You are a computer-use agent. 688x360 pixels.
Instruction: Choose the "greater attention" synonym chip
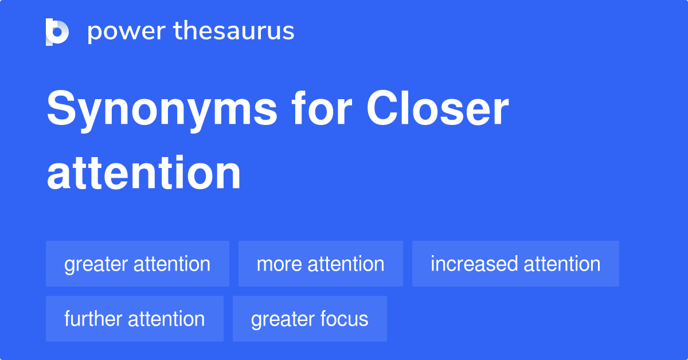click(138, 264)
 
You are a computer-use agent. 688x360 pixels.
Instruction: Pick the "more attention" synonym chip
click(320, 264)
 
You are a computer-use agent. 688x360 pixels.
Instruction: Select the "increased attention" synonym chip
click(515, 264)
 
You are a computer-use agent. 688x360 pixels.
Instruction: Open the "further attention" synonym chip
click(135, 319)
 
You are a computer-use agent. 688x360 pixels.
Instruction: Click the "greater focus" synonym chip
click(310, 319)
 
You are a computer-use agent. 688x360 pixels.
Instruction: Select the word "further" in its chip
click(93, 319)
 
